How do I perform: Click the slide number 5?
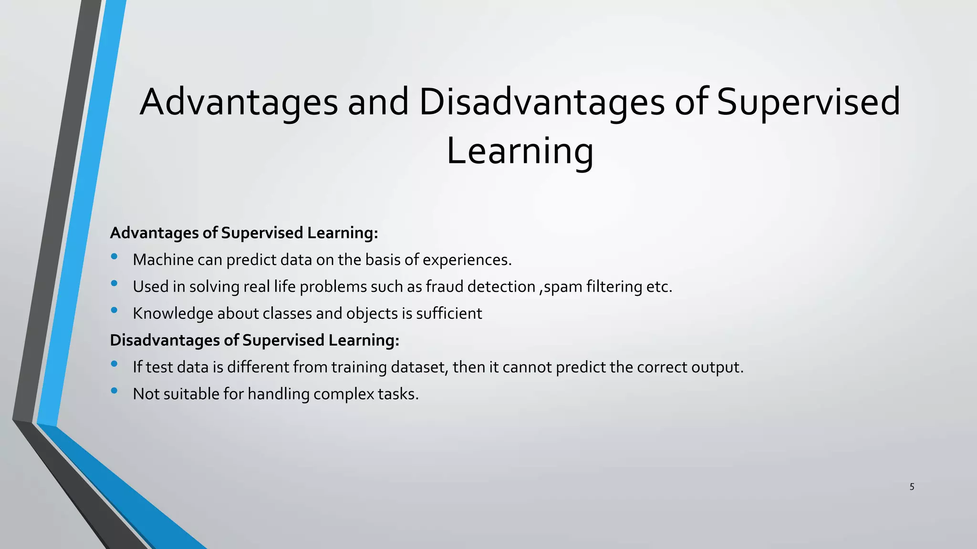tap(912, 487)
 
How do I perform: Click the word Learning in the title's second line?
tap(520, 152)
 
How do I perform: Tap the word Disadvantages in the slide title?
tap(541, 102)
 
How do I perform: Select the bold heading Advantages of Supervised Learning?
tap(244, 233)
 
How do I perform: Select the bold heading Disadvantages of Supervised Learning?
tap(254, 340)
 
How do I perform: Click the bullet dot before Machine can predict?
tap(114, 256)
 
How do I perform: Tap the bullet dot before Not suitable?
tap(114, 391)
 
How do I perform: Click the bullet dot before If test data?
tap(114, 364)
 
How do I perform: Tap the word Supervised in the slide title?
tap(808, 102)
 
